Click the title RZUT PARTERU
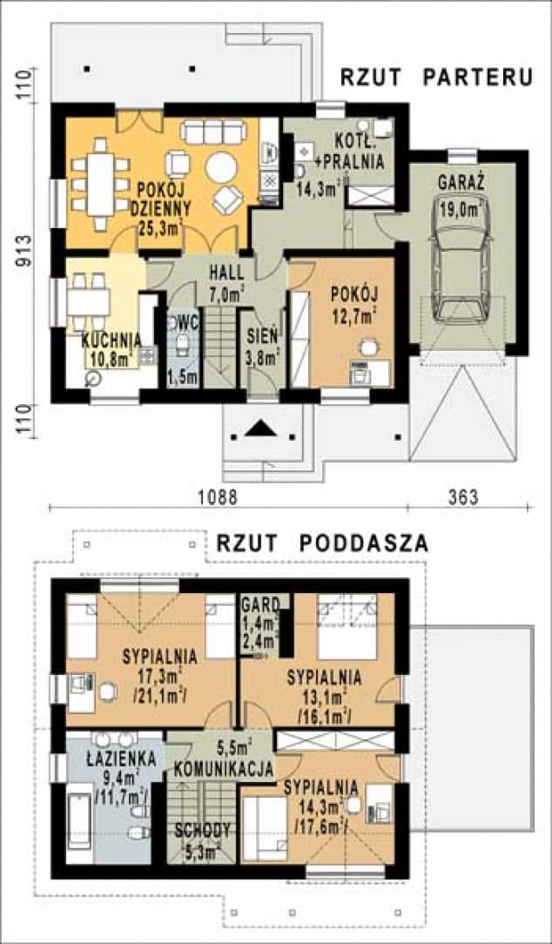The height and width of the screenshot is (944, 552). coord(435,77)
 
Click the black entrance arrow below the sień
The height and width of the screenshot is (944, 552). coord(261,429)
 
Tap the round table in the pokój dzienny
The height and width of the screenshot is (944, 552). coord(222,166)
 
